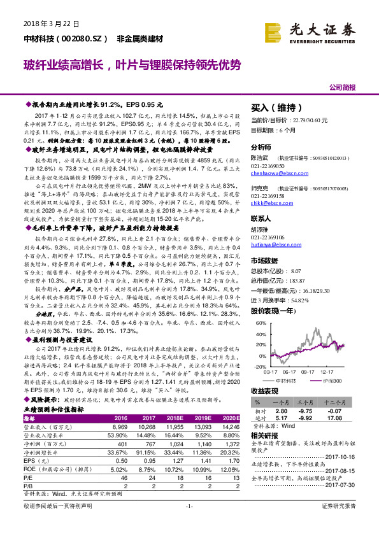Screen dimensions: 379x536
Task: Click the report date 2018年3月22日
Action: (46, 23)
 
